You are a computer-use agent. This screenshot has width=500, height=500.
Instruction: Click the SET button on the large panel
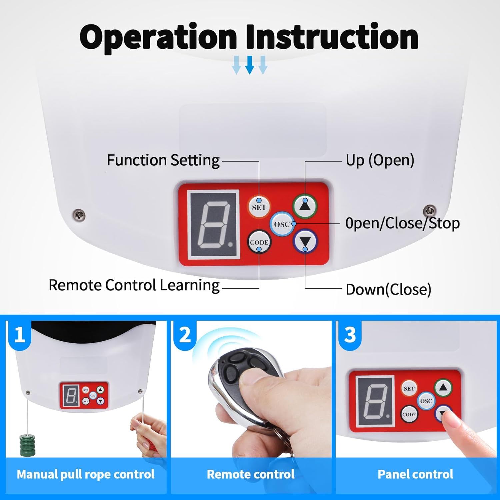click(x=259, y=207)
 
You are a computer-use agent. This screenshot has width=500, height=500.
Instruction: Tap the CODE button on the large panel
click(x=259, y=242)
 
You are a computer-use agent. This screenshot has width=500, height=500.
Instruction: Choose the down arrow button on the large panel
click(x=305, y=242)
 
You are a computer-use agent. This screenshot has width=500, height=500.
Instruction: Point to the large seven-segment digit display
click(x=214, y=224)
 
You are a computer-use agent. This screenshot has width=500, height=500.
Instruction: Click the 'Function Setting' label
click(x=163, y=160)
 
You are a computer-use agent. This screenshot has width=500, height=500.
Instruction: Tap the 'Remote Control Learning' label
click(x=134, y=285)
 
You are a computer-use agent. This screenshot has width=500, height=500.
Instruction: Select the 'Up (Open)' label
click(x=380, y=160)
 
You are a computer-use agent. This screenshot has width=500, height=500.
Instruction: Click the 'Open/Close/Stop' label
click(x=402, y=223)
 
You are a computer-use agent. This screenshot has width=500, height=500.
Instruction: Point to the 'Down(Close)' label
click(x=388, y=289)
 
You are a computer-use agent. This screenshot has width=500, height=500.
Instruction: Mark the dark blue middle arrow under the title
click(x=250, y=65)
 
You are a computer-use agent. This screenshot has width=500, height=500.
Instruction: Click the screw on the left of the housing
click(x=79, y=215)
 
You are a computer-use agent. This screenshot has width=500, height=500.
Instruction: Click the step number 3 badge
click(x=350, y=335)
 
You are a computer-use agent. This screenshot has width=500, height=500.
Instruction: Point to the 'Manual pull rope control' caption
click(x=86, y=474)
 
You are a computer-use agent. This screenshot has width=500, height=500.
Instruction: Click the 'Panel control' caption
click(x=415, y=474)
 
